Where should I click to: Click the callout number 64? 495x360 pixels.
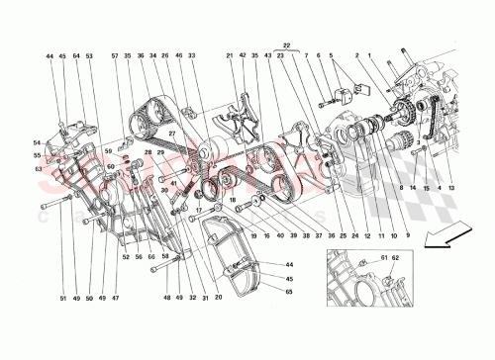75,57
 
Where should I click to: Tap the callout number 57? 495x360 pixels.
115,57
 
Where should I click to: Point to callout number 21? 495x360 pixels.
228,57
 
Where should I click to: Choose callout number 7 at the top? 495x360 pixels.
307,57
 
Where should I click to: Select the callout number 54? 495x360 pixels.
38,144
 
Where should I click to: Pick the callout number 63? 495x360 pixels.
38,168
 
